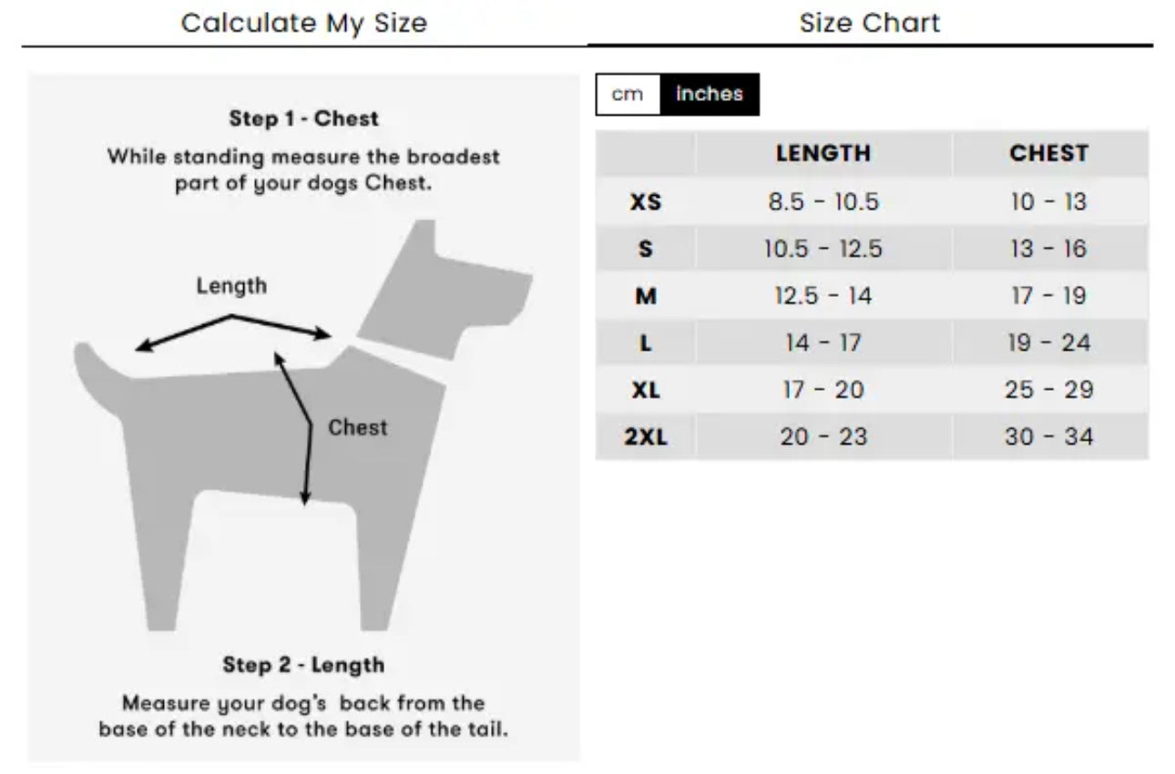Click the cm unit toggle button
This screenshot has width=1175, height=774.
pyautogui.click(x=628, y=95)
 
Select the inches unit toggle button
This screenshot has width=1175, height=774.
pyautogui.click(x=710, y=95)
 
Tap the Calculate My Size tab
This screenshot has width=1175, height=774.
pyautogui.click(x=304, y=24)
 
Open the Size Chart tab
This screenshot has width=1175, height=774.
pyautogui.click(x=870, y=24)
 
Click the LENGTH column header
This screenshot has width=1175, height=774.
pyautogui.click(x=823, y=154)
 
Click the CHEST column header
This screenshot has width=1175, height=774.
pyautogui.click(x=1049, y=154)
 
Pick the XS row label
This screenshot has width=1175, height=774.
pyautogui.click(x=646, y=202)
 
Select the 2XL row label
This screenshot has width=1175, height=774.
pyautogui.click(x=646, y=437)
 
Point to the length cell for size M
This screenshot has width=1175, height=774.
pyautogui.click(x=823, y=296)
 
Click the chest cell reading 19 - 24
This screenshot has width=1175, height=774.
pyautogui.click(x=1049, y=343)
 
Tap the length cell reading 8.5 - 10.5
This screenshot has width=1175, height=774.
pyautogui.click(x=823, y=202)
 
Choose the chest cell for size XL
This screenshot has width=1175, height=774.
pyautogui.click(x=1049, y=390)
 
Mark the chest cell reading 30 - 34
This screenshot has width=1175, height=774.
pyautogui.click(x=1049, y=437)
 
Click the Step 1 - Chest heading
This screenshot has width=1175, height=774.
pyautogui.click(x=303, y=118)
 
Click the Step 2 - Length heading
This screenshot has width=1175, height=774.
pyautogui.click(x=303, y=665)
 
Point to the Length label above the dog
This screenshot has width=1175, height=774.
pyautogui.click(x=232, y=286)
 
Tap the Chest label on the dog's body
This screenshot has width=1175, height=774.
pyautogui.click(x=358, y=427)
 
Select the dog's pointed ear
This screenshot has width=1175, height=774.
pyautogui.click(x=421, y=241)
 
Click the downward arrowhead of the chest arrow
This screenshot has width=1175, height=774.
pyautogui.click(x=305, y=498)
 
